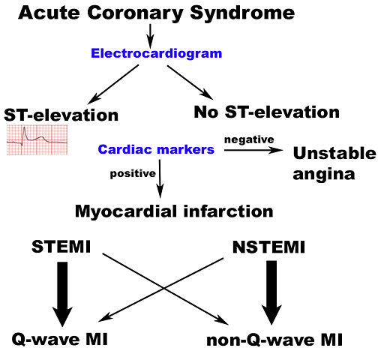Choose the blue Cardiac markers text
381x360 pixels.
156,149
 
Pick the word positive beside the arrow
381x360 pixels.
130,173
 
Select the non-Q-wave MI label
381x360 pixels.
274,340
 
